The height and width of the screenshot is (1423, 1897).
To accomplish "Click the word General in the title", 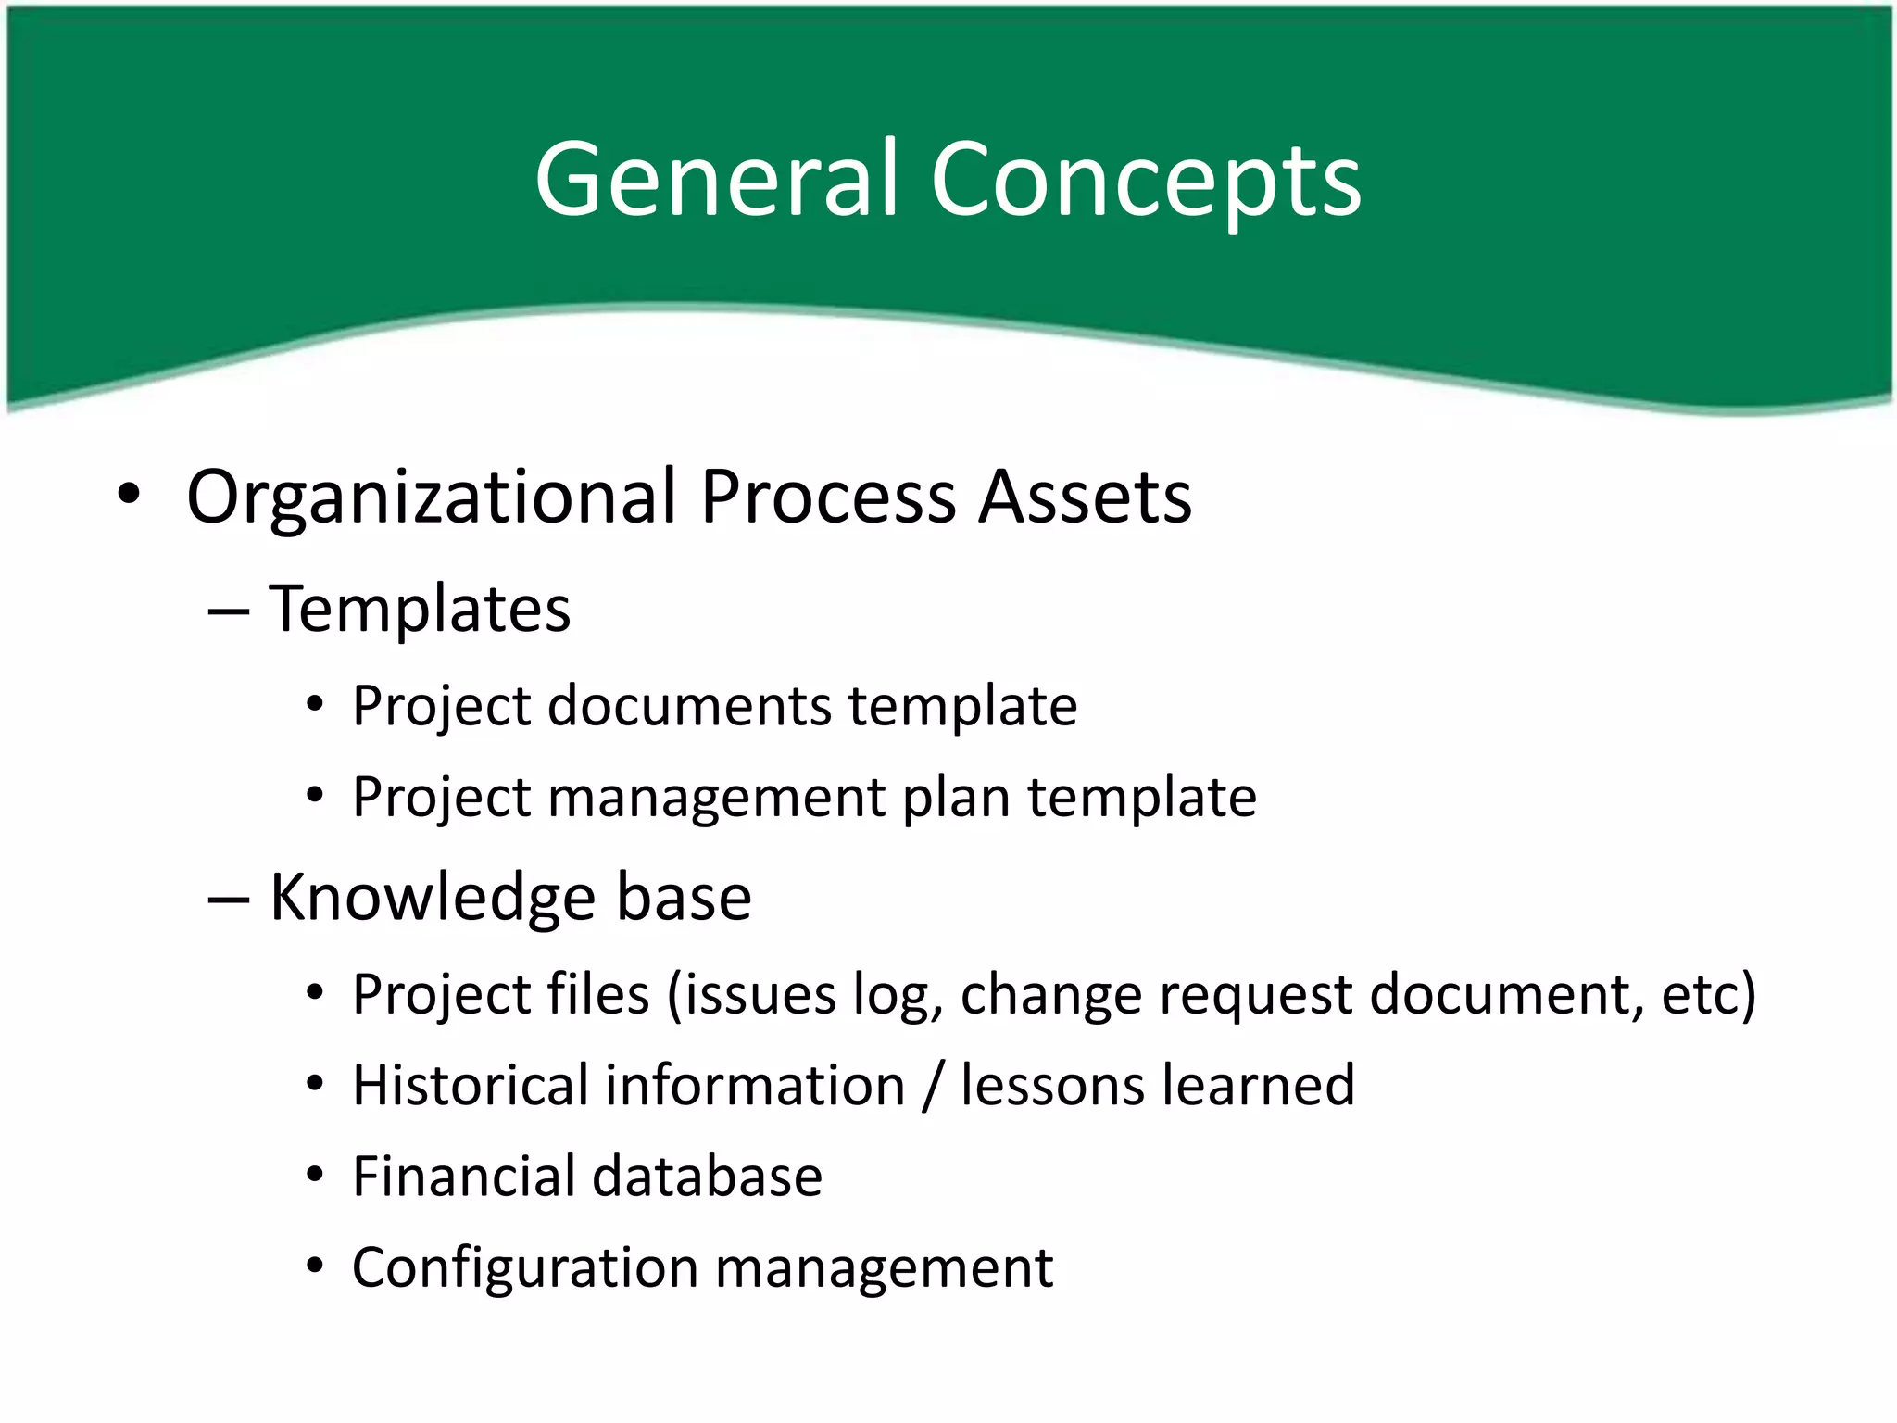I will [x=717, y=178].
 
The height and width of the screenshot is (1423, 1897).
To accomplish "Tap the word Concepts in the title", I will [x=1146, y=180].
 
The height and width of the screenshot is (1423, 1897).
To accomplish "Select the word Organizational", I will [x=432, y=497].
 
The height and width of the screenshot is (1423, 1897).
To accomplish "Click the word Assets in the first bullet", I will [x=1086, y=497].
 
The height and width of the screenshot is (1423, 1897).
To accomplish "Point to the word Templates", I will [x=420, y=610].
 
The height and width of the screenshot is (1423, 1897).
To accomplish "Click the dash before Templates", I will [x=229, y=612].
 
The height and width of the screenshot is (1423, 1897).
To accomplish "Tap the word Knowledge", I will [x=432, y=898].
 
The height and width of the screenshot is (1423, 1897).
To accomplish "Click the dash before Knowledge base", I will [x=229, y=900].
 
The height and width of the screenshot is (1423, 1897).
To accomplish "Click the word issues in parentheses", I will [x=750, y=995].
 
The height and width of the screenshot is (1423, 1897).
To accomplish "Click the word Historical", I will [x=471, y=1085].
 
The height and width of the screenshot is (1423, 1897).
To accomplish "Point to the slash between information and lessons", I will [x=934, y=1086].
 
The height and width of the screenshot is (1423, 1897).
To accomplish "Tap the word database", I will [x=708, y=1177].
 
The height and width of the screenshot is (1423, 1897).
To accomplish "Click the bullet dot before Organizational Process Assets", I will [x=129, y=494].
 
